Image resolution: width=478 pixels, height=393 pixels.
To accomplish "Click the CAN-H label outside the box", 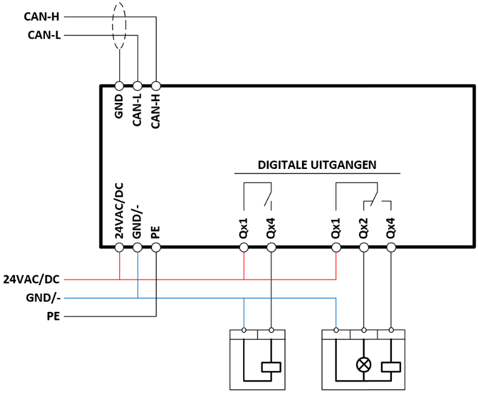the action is [x=41, y=17].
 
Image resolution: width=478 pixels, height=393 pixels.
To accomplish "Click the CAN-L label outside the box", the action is [x=44, y=35].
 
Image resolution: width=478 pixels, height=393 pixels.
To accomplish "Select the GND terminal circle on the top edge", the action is [x=119, y=86].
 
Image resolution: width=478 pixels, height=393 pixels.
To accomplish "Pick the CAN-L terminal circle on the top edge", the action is [x=138, y=86].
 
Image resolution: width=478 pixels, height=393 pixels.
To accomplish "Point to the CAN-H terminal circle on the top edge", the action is [x=156, y=86].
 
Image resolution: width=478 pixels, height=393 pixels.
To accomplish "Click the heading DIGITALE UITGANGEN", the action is [x=317, y=165].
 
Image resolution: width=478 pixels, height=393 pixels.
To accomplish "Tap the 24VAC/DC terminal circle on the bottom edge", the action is [x=119, y=248].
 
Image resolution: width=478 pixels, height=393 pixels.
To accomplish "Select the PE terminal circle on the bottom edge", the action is [x=156, y=248].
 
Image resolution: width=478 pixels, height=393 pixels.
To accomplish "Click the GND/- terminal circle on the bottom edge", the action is [x=138, y=248].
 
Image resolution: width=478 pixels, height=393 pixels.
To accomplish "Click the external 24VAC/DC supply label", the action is [x=32, y=279].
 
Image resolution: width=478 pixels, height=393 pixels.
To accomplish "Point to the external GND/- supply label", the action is [x=43, y=298].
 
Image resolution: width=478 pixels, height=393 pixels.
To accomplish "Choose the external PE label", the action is [x=53, y=316].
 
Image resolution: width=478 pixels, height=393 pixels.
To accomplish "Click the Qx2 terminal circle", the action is [x=364, y=248].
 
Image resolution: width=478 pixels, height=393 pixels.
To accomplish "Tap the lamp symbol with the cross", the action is [x=364, y=365].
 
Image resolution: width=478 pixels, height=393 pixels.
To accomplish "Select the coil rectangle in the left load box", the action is [x=271, y=367].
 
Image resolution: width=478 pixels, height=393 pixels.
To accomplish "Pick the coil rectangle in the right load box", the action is [x=391, y=367].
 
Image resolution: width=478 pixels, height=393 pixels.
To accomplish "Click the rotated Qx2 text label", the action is [x=363, y=228].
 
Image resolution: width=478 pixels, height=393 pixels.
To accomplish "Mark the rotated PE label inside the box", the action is [x=155, y=232].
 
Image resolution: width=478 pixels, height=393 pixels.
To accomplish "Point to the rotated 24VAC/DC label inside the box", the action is [x=119, y=211].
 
